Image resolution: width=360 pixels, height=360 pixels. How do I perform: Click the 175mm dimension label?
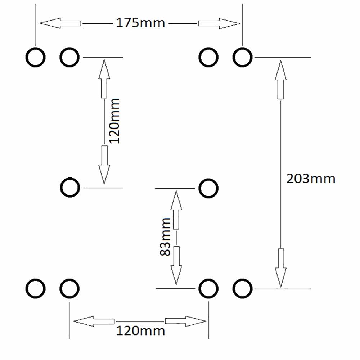pyautogui.click(x=140, y=23)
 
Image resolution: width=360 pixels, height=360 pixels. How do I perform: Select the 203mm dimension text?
pyautogui.click(x=311, y=179)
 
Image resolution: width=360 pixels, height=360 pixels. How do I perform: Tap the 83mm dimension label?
pyautogui.click(x=165, y=237)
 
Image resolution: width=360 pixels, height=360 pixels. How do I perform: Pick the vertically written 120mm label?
pyautogui.click(x=114, y=121)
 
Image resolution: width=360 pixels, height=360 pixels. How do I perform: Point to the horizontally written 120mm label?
pyautogui.click(x=140, y=331)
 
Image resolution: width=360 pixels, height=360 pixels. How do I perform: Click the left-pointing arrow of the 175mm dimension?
pyautogui.click(x=60, y=23)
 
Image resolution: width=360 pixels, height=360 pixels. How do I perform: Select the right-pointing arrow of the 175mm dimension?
pyautogui.click(x=219, y=23)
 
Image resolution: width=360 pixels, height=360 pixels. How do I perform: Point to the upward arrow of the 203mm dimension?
pyautogui.click(x=280, y=80)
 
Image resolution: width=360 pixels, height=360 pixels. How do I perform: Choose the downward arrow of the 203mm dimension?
pyautogui.click(x=280, y=268)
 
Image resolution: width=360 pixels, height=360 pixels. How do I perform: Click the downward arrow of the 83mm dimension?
pyautogui.click(x=176, y=266)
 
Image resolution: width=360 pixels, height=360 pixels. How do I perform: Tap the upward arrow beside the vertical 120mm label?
pyautogui.click(x=104, y=79)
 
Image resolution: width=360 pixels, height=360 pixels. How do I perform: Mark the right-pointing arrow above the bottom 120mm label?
pyautogui.click(x=186, y=321)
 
